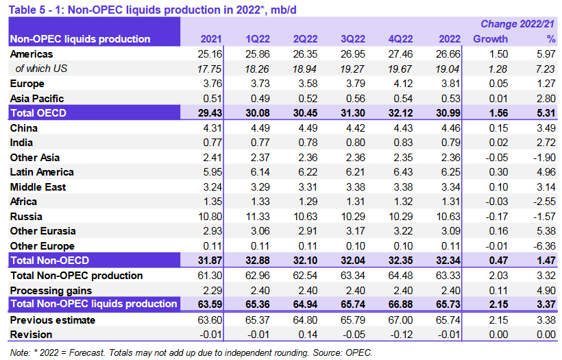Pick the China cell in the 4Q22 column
click(402, 128)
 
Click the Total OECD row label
click(40, 112)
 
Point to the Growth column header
click(491, 39)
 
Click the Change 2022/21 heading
click(519, 25)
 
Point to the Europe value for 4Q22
click(402, 83)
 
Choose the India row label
click(22, 143)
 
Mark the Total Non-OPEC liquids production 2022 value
click(448, 304)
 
